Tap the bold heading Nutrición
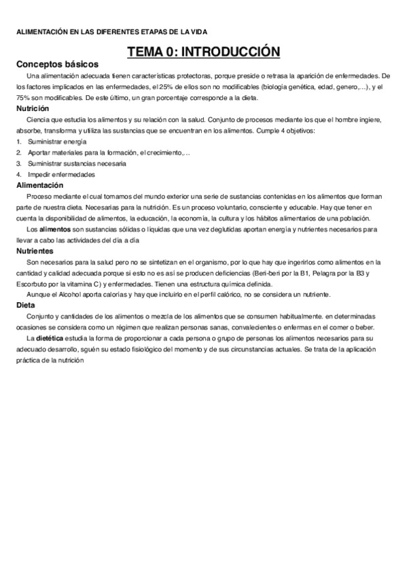33,108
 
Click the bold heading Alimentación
40,185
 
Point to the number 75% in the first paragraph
24,97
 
